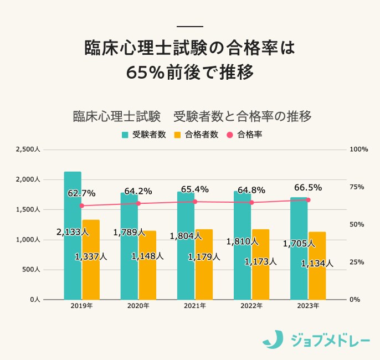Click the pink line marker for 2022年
[251, 203]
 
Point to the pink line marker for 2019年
[82, 205]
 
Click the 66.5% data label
[308, 187]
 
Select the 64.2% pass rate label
[138, 191]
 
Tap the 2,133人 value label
[73, 232]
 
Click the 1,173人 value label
[260, 261]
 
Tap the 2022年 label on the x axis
[251, 306]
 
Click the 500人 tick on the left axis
[30, 270]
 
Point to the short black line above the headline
[190, 26]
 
